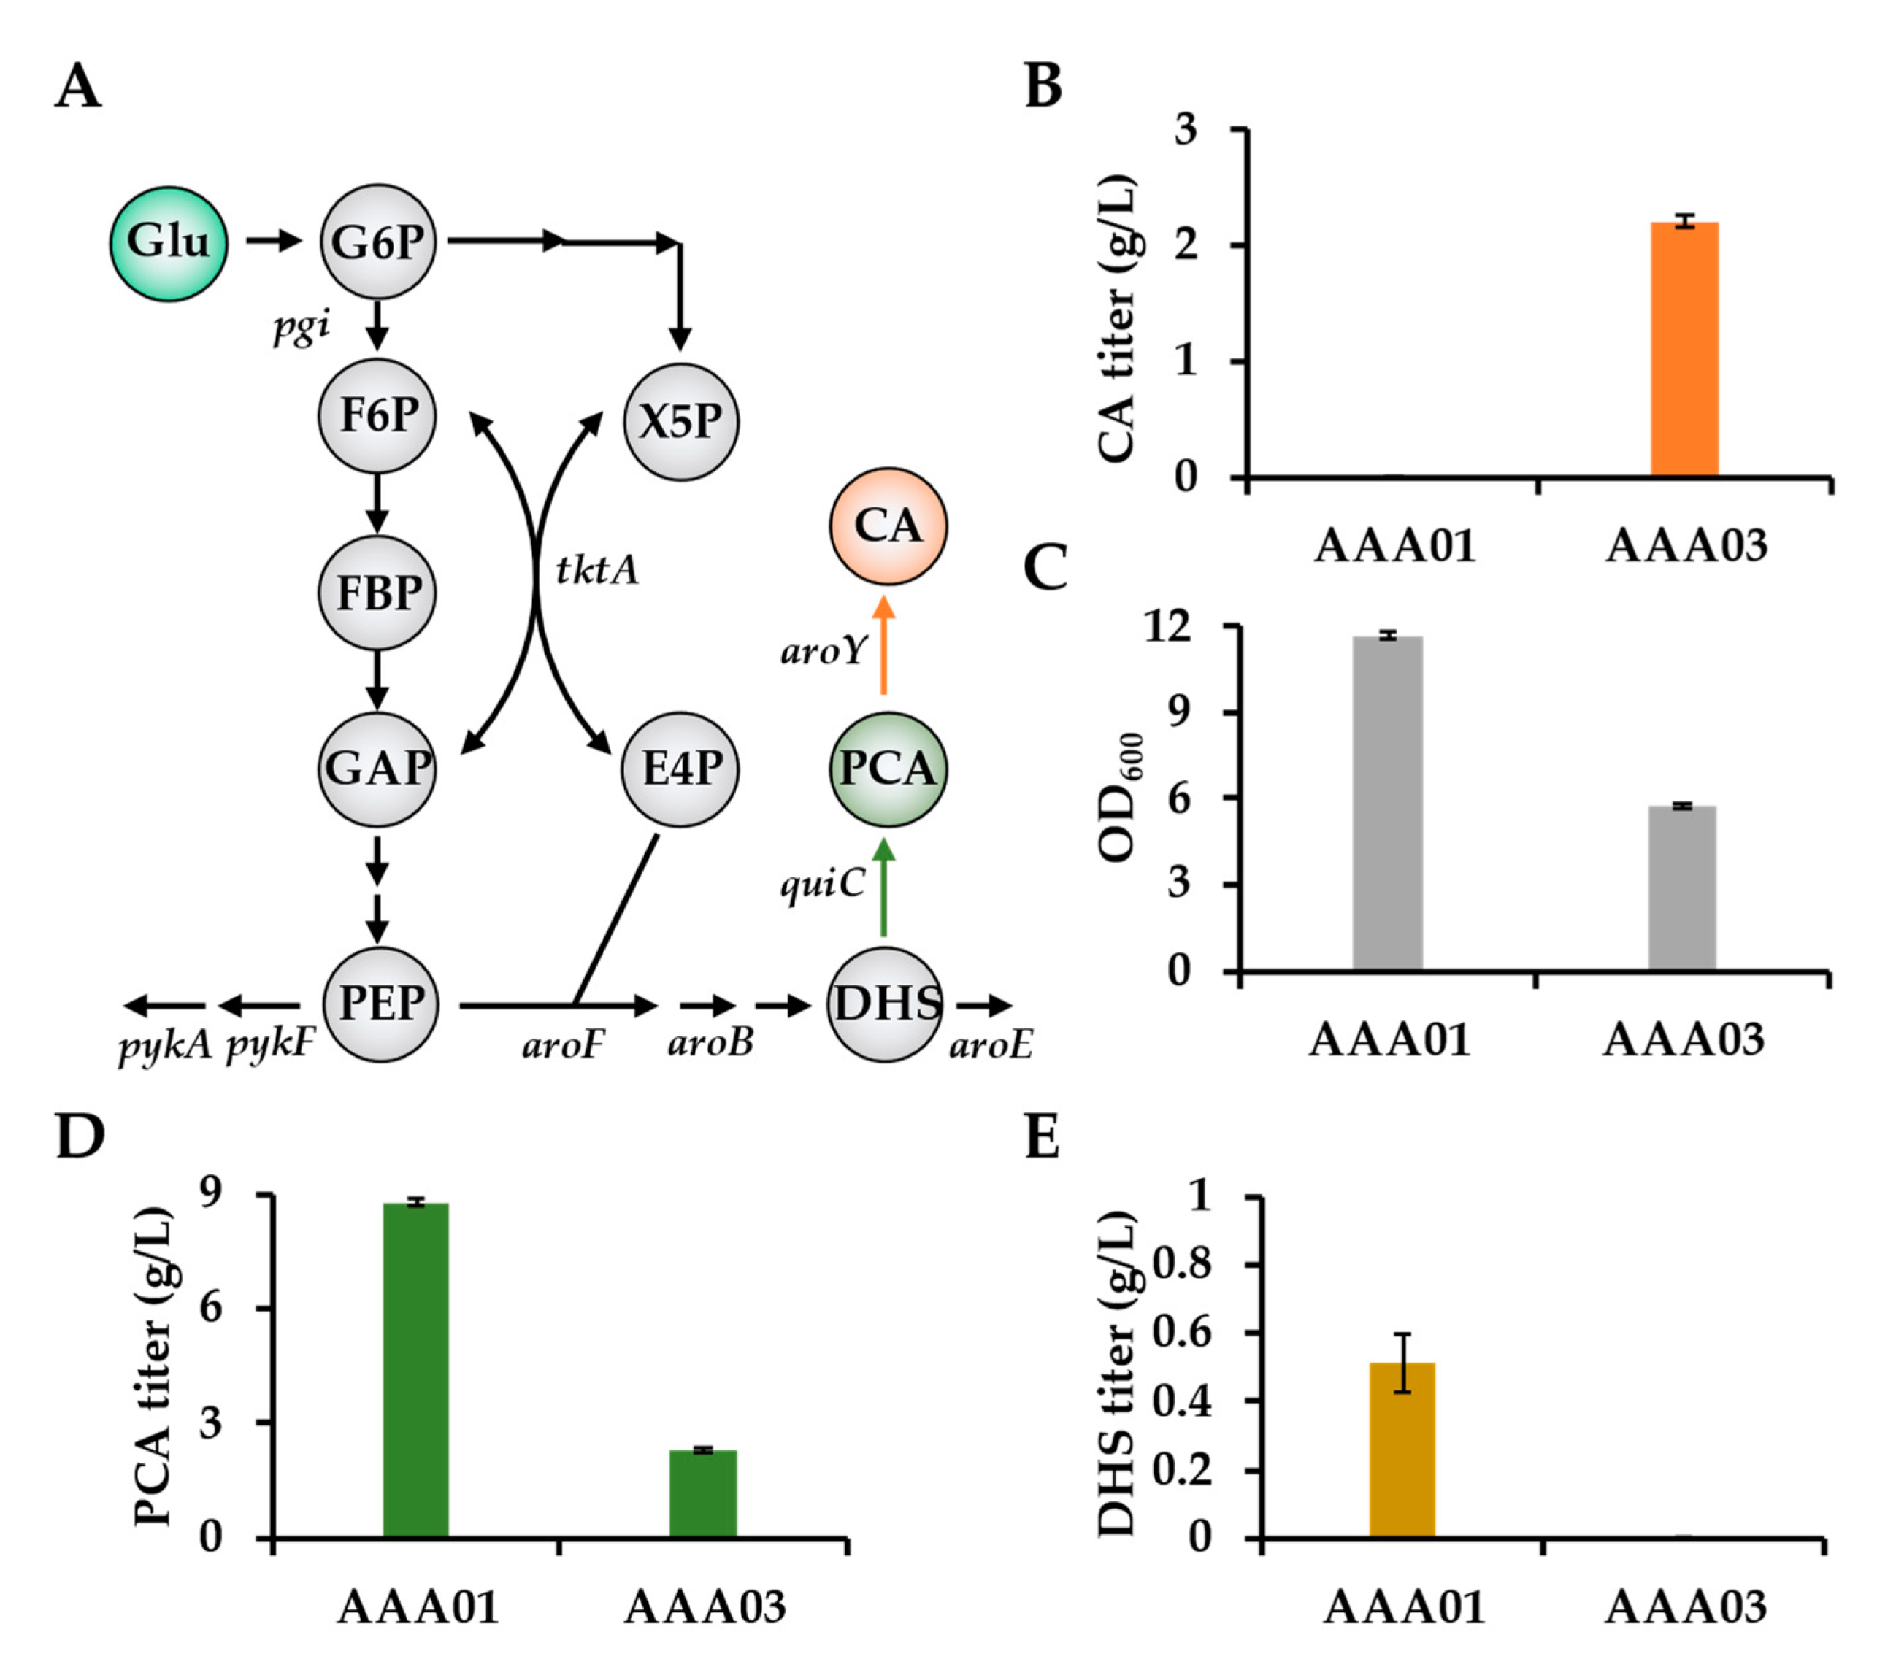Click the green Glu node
pyautogui.click(x=168, y=243)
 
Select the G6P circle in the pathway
pyautogui.click(x=377, y=242)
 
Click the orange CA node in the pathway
pyautogui.click(x=887, y=526)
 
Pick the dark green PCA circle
pyautogui.click(x=887, y=769)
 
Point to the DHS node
pyautogui.click(x=886, y=1004)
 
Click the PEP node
pyautogui.click(x=381, y=1004)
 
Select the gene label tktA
pyautogui.click(x=597, y=570)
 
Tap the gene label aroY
pyautogui.click(x=823, y=651)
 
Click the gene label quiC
pyautogui.click(x=823, y=883)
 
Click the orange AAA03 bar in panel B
pyautogui.click(x=1684, y=349)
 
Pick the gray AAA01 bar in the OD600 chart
pyautogui.click(x=1388, y=804)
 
